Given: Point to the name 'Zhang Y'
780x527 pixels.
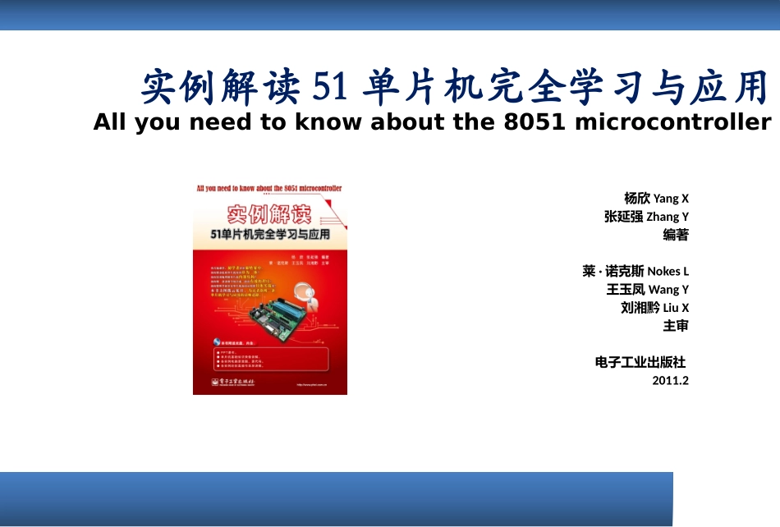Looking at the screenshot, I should pyautogui.click(x=668, y=217).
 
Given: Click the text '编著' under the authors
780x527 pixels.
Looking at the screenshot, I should pyautogui.click(x=676, y=235).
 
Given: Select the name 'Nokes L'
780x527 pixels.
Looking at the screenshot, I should pyautogui.click(x=668, y=271).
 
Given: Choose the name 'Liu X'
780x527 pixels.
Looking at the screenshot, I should pyautogui.click(x=676, y=308).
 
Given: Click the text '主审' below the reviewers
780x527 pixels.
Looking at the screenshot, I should pyautogui.click(x=676, y=326).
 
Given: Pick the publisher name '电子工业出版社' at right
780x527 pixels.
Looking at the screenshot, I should pyautogui.click(x=640, y=362).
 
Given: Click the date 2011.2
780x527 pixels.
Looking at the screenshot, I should pyautogui.click(x=670, y=380).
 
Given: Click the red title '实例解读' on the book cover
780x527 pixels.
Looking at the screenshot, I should pyautogui.click(x=268, y=216).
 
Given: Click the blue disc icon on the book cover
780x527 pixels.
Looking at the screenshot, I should pyautogui.click(x=215, y=341).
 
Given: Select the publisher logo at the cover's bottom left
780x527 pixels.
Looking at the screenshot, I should pyautogui.click(x=234, y=382).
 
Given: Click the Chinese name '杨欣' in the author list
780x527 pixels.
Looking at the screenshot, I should pyautogui.click(x=637, y=198).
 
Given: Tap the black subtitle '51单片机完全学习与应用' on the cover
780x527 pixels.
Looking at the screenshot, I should pyautogui.click(x=269, y=235).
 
